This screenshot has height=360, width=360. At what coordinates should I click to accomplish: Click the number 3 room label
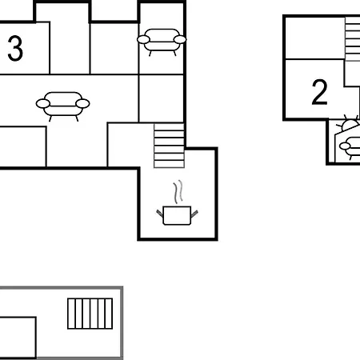(x=15, y=48)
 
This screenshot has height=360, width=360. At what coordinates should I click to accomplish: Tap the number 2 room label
(x=319, y=92)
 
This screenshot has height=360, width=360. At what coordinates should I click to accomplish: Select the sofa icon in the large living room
(x=62, y=106)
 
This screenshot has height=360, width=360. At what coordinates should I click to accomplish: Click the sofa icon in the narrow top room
(x=162, y=42)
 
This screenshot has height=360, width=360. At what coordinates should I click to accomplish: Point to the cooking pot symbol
(x=177, y=215)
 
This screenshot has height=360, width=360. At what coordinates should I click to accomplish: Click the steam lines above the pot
(x=178, y=192)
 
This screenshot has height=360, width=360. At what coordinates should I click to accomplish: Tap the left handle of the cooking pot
(x=159, y=213)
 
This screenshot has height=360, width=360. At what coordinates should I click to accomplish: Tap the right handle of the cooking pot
(x=194, y=213)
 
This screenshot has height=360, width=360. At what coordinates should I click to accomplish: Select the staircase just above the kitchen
(x=169, y=146)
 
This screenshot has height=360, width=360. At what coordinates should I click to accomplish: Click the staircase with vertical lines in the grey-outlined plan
(x=90, y=314)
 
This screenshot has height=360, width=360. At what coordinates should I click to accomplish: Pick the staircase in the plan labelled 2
(x=353, y=39)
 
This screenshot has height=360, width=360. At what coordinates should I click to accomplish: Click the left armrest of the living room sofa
(x=43, y=103)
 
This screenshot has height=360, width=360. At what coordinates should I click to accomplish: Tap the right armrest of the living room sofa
(x=82, y=103)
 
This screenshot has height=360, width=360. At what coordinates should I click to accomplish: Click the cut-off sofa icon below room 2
(x=350, y=148)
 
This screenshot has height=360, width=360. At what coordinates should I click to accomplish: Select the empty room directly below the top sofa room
(x=162, y=98)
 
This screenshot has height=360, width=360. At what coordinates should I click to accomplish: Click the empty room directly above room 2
(x=315, y=38)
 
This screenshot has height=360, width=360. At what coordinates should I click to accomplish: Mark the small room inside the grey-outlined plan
(x=18, y=338)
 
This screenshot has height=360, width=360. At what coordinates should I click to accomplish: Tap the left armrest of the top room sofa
(x=143, y=39)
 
